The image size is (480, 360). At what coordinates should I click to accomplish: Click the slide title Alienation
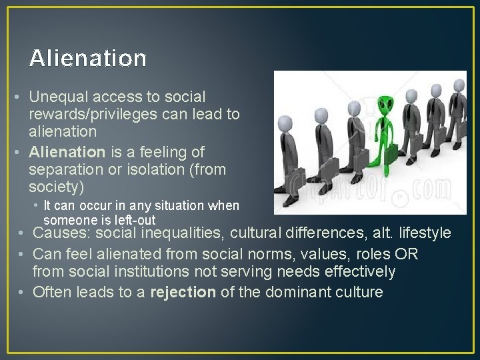click(x=87, y=58)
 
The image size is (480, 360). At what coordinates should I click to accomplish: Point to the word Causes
click(x=61, y=233)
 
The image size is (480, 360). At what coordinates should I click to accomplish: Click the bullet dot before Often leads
click(x=22, y=292)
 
